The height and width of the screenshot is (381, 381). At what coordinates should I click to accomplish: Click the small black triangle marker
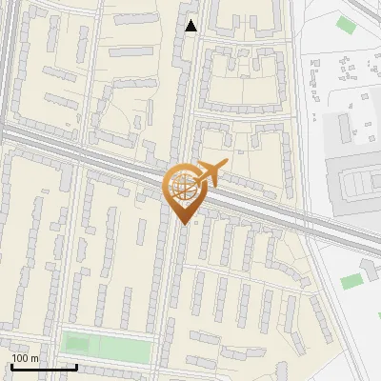pyautogui.click(x=191, y=26)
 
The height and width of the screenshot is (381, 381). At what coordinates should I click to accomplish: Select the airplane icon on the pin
pyautogui.click(x=211, y=172)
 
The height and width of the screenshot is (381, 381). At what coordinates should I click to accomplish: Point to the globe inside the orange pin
pyautogui.click(x=183, y=184)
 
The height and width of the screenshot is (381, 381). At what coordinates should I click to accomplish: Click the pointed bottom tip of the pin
pyautogui.click(x=185, y=223)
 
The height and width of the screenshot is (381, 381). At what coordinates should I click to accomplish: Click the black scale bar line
pyautogui.click(x=44, y=367)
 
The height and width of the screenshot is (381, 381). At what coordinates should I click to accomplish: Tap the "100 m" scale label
pyautogui.click(x=26, y=358)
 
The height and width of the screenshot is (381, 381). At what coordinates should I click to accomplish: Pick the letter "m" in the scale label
pyautogui.click(x=34, y=358)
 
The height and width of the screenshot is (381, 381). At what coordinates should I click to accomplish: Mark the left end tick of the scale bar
pyautogui.click(x=11, y=365)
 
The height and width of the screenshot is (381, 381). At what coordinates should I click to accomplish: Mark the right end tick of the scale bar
pyautogui.click(x=76, y=365)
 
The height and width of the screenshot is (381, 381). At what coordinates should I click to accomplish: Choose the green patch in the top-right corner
pyautogui.click(x=344, y=23)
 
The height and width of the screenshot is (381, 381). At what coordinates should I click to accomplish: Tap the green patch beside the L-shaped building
pyautogui.click(x=352, y=281)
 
